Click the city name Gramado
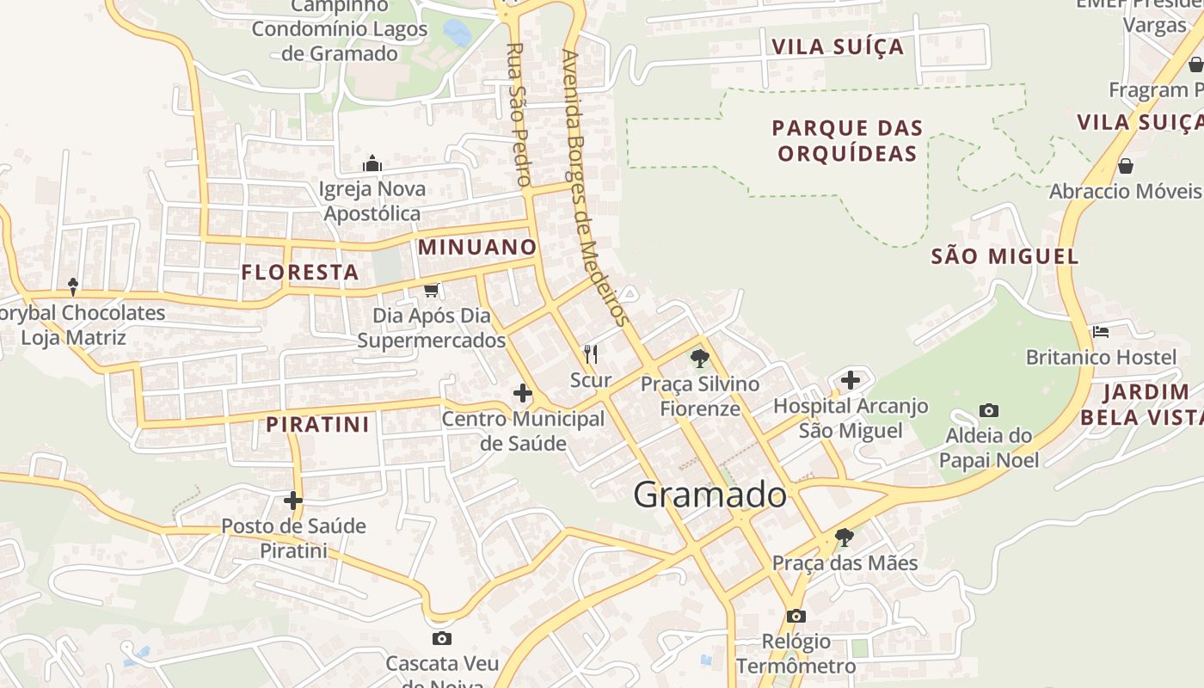pyautogui.click(x=709, y=494)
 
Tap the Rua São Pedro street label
pyautogui.click(x=516, y=115)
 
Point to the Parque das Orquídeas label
pyautogui.click(x=847, y=141)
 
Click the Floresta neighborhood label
pyautogui.click(x=300, y=273)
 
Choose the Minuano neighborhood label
pyautogui.click(x=477, y=248)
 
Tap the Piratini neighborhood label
pyautogui.click(x=317, y=424)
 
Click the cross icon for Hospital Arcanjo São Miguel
pyautogui.click(x=851, y=379)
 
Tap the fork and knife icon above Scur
pyautogui.click(x=591, y=353)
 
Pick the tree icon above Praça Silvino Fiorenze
pyautogui.click(x=700, y=359)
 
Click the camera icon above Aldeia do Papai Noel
pyautogui.click(x=989, y=411)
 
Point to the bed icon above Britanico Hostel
pyautogui.click(x=1101, y=331)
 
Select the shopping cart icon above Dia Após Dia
pyautogui.click(x=432, y=290)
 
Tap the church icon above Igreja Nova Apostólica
pyautogui.click(x=372, y=163)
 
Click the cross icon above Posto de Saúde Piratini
pyautogui.click(x=293, y=500)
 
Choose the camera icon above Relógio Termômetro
pyautogui.click(x=796, y=616)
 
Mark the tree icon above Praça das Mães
pyautogui.click(x=845, y=537)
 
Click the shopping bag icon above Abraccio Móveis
pyautogui.click(x=1125, y=165)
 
